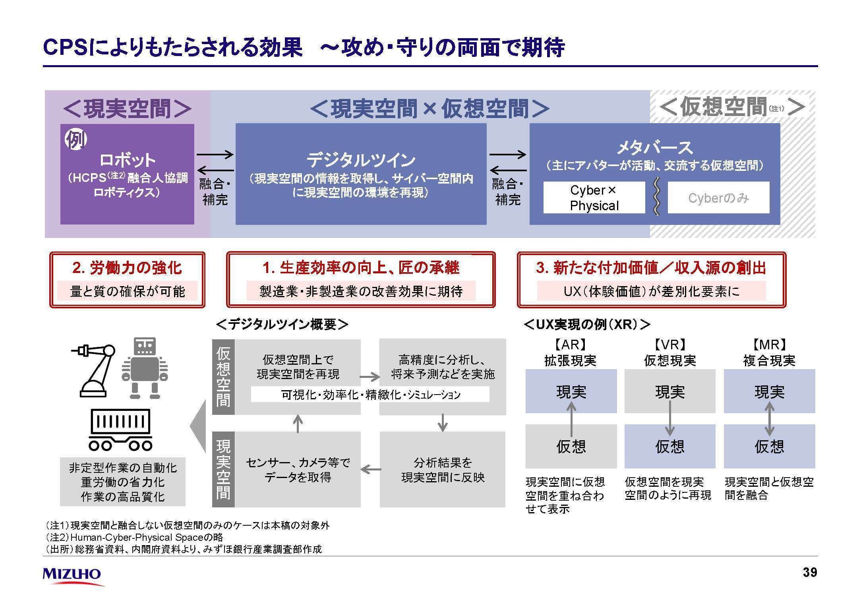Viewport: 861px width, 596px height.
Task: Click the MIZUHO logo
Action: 72,575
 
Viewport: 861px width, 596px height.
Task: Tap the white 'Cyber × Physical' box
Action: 594,198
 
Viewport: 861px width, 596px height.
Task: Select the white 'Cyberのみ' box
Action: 718,198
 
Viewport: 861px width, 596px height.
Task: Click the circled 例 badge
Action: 76,139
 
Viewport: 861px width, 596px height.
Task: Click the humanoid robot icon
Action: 145,368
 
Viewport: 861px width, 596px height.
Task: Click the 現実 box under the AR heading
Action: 571,392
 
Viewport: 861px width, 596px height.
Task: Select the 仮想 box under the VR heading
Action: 669,446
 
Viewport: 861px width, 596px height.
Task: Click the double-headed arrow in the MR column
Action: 769,419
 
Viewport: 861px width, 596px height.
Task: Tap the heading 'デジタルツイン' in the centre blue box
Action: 361,160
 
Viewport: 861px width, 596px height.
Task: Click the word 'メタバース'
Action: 654,148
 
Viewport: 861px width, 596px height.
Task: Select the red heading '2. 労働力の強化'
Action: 127,268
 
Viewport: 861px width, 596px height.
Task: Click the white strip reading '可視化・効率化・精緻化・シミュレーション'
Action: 370,395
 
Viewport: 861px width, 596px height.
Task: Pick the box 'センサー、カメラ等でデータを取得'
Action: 298,469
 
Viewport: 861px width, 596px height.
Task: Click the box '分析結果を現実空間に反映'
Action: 443,469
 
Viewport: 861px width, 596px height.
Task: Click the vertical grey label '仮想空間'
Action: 223,376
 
